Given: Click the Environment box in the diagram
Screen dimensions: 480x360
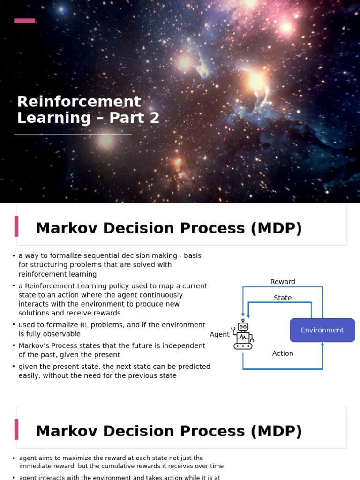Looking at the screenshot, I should [322, 330].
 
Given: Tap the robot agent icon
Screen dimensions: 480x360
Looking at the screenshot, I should [243, 335].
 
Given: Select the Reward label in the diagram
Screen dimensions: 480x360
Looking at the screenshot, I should [283, 282].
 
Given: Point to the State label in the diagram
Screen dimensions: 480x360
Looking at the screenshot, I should [283, 298].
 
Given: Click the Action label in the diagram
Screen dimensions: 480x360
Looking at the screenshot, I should [283, 353].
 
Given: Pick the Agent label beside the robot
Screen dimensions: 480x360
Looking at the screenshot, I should [219, 334].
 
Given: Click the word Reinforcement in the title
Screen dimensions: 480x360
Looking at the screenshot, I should [79, 102].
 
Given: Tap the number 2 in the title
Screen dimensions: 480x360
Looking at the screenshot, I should [155, 118].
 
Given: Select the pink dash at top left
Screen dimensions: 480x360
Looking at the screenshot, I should [24, 21].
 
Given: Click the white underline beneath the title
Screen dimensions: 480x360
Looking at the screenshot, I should [73, 135].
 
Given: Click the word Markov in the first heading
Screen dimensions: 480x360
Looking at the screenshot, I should [66, 228].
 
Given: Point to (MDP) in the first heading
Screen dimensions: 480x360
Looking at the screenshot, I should [276, 228].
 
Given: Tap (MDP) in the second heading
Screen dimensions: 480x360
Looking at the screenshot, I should [276, 431].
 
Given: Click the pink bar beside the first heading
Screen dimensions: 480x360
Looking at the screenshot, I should [16, 226].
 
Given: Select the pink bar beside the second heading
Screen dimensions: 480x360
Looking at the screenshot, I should [16, 429].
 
